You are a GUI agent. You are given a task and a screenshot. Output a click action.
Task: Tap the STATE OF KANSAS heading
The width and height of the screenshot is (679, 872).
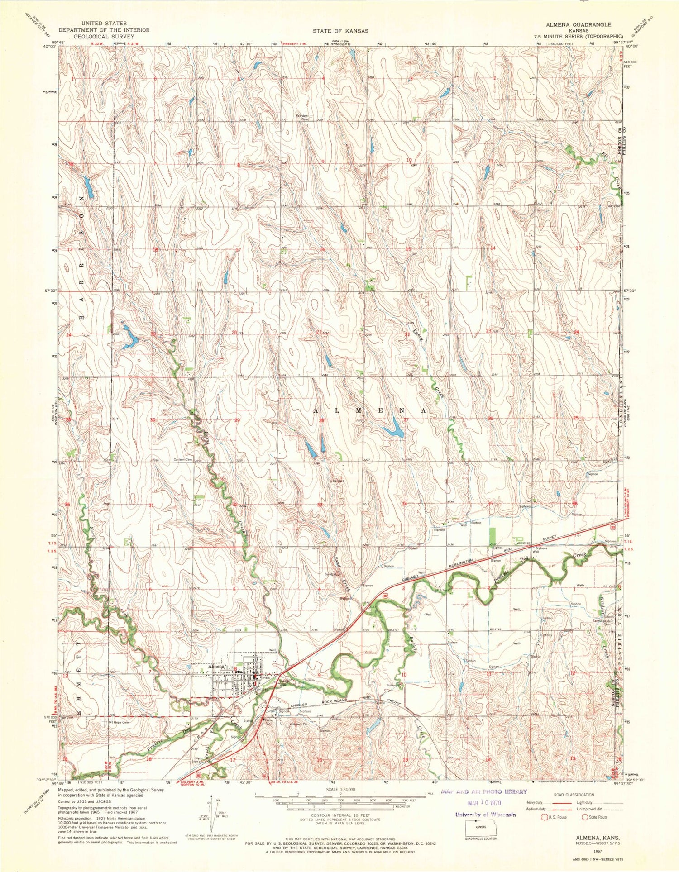pyautogui.click(x=340, y=31)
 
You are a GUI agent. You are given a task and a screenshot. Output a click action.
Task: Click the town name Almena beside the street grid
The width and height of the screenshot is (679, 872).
pyautogui.click(x=216, y=667)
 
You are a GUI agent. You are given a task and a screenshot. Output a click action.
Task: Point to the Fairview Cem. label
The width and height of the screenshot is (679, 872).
pyautogui.click(x=301, y=118)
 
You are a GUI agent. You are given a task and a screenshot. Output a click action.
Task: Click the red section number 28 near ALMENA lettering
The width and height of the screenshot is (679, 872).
pyautogui.click(x=321, y=421)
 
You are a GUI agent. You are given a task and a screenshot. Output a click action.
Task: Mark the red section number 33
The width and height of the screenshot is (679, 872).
pyautogui.click(x=320, y=505)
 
